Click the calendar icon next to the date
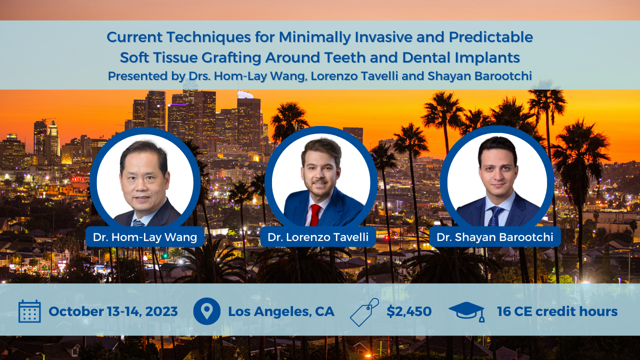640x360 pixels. (x=29, y=311)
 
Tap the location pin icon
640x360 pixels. (x=206, y=311)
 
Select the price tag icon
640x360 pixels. (x=364, y=312)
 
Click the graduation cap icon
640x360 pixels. (x=466, y=311)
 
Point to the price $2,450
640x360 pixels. (x=409, y=311)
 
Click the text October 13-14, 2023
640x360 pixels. (x=113, y=311)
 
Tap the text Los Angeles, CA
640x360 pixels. (x=281, y=311)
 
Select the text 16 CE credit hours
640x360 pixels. (x=557, y=311)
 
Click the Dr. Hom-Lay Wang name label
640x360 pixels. (x=145, y=237)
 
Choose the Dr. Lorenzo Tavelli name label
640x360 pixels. (x=318, y=237)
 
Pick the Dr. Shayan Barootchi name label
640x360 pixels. (x=495, y=237)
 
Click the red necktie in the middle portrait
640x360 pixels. (x=315, y=215)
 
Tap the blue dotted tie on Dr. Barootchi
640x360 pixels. (x=495, y=216)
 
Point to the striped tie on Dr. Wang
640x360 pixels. (x=139, y=222)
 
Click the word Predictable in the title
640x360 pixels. (x=490, y=37)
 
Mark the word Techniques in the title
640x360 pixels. (x=209, y=37)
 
